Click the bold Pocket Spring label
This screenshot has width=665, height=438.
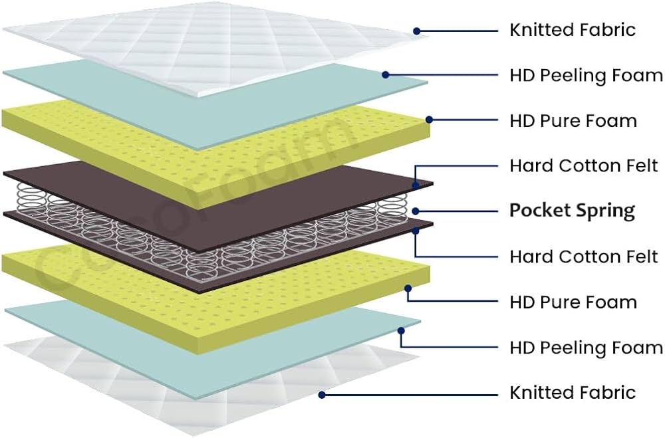(x=572, y=211)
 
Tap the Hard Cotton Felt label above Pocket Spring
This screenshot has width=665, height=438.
(x=583, y=165)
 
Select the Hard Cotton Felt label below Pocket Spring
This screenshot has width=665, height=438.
(x=583, y=256)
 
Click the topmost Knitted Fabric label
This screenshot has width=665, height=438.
(x=572, y=30)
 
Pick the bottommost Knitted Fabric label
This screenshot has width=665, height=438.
(x=572, y=393)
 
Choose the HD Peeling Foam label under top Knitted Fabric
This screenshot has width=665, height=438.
(x=586, y=75)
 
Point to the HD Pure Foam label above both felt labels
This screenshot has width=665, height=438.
(x=573, y=121)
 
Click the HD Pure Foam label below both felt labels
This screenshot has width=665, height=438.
(x=573, y=302)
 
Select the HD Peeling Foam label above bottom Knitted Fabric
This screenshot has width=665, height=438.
(x=586, y=348)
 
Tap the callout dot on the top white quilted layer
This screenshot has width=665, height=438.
(x=417, y=31)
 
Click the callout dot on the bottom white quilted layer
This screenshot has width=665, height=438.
(x=321, y=394)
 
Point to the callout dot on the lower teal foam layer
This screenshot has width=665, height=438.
(x=401, y=330)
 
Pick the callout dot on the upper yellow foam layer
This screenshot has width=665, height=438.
(x=430, y=120)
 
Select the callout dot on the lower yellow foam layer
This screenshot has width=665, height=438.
(x=408, y=288)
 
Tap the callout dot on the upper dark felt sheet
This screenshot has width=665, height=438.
(x=414, y=185)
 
